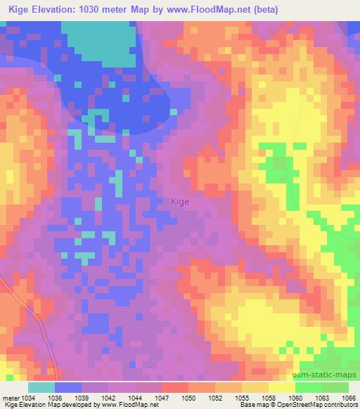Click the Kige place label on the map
(x=180, y=201)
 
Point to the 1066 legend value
(x=349, y=397)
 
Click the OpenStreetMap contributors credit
(x=317, y=405)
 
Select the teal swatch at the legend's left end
(x=41, y=387)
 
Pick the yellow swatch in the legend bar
(x=281, y=387)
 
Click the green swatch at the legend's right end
(x=335, y=387)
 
